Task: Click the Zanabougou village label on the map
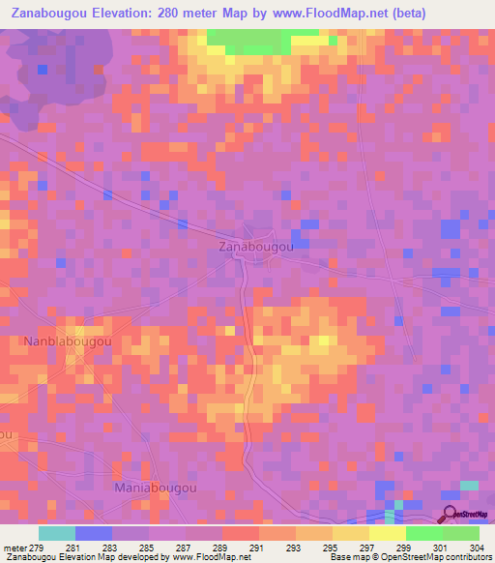pos(251,248)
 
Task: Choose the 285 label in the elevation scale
pos(149,547)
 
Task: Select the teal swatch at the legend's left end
pos(56,533)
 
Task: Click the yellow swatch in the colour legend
pos(387,533)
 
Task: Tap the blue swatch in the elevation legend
pos(93,533)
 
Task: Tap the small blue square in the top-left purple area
pos(43,70)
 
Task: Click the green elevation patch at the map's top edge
pos(247,40)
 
